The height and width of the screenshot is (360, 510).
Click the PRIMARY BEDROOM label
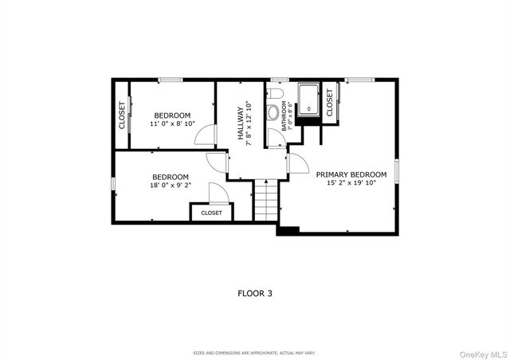pos(351,174)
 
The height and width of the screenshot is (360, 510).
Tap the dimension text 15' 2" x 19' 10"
pos(351,183)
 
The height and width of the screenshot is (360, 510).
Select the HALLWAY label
pos(240,126)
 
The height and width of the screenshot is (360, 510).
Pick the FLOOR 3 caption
pos(255,293)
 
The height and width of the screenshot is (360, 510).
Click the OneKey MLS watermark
pos(481,351)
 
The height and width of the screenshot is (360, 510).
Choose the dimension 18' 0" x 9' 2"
pos(170,186)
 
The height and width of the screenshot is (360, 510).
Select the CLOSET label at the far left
pos(122,115)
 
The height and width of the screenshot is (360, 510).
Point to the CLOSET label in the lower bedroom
pos(212,213)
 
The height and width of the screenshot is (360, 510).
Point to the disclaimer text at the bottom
pos(255,352)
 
